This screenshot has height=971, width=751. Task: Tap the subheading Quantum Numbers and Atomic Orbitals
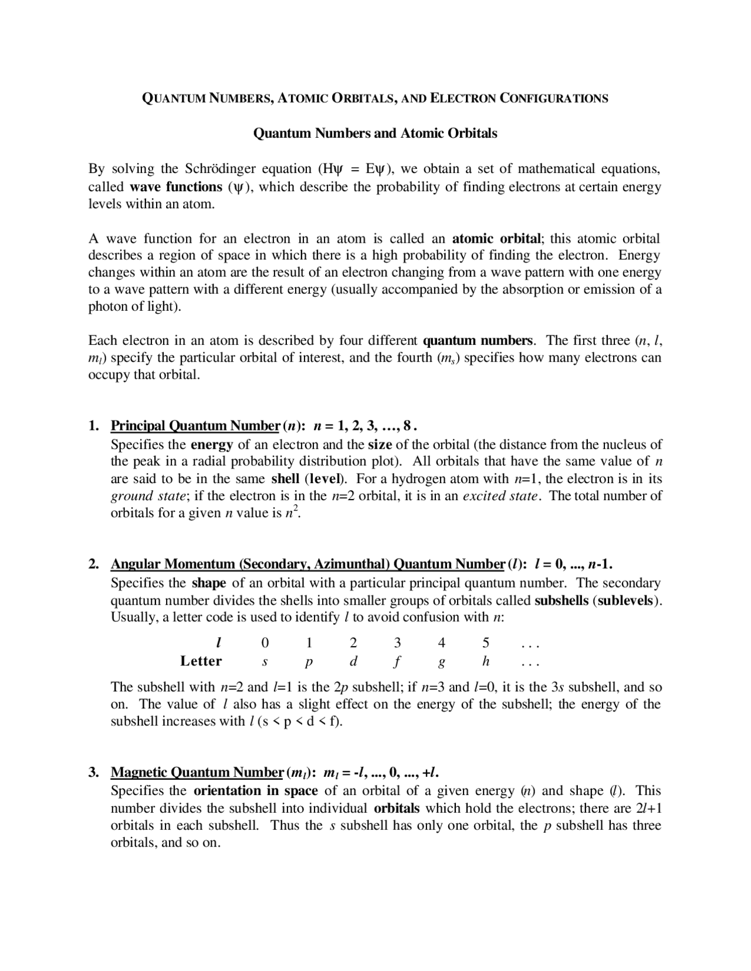pos(375,134)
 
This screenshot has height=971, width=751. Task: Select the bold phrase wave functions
pos(175,187)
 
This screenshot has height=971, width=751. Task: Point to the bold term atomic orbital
pos(496,239)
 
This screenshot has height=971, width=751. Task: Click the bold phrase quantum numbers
pos(478,341)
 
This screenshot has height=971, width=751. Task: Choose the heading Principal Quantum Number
pos(195,425)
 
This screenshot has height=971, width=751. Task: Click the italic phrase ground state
pos(148,496)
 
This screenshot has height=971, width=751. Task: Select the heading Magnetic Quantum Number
pos(197,772)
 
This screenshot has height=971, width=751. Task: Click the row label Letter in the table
pos(201,661)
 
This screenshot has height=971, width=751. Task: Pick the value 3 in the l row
pos(397,643)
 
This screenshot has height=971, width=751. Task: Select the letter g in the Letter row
pos(441,663)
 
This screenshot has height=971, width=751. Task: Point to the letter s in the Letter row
pos(265,662)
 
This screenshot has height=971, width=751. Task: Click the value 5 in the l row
pos(486,643)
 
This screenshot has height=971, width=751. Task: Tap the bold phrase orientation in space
pos(255,790)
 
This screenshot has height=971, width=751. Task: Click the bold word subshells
pos(561,600)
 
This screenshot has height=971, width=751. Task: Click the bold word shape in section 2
pos(209,583)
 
